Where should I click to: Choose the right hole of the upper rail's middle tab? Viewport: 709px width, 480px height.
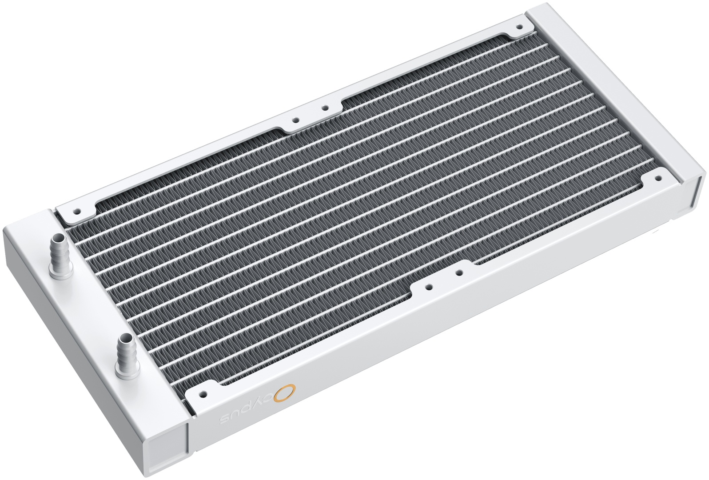tap(325, 108)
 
